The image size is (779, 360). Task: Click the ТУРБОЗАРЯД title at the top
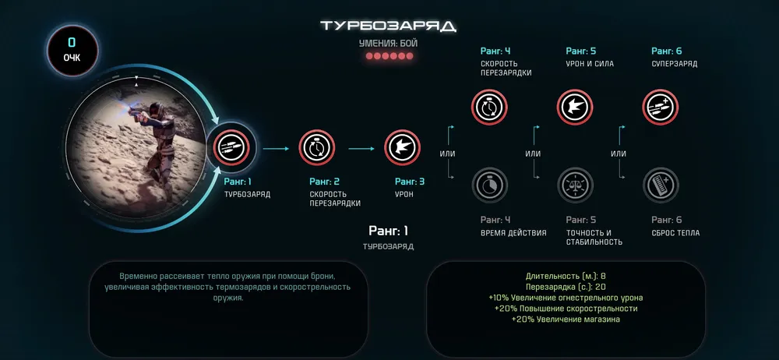click(389, 26)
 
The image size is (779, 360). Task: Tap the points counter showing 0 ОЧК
click(72, 51)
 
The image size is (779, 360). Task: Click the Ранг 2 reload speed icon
click(317, 147)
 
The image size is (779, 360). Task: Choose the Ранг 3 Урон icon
click(403, 147)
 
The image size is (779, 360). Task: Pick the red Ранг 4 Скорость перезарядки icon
click(489, 107)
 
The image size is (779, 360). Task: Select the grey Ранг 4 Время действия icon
click(489, 186)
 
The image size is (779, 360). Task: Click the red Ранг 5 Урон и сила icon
click(576, 107)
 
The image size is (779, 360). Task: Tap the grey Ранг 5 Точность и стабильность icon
click(576, 186)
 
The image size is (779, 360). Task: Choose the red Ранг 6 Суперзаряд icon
click(661, 107)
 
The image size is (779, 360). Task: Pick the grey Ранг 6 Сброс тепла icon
click(661, 186)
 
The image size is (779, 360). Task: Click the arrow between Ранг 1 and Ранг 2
click(276, 147)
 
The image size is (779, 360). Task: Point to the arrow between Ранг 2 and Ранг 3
click(361, 147)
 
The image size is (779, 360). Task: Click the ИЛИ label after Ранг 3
click(447, 154)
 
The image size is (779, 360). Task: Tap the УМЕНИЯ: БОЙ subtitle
click(388, 44)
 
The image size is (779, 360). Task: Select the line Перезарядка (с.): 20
click(566, 287)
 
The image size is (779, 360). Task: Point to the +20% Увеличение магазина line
click(566, 319)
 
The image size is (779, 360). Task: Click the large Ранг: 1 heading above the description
click(388, 231)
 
